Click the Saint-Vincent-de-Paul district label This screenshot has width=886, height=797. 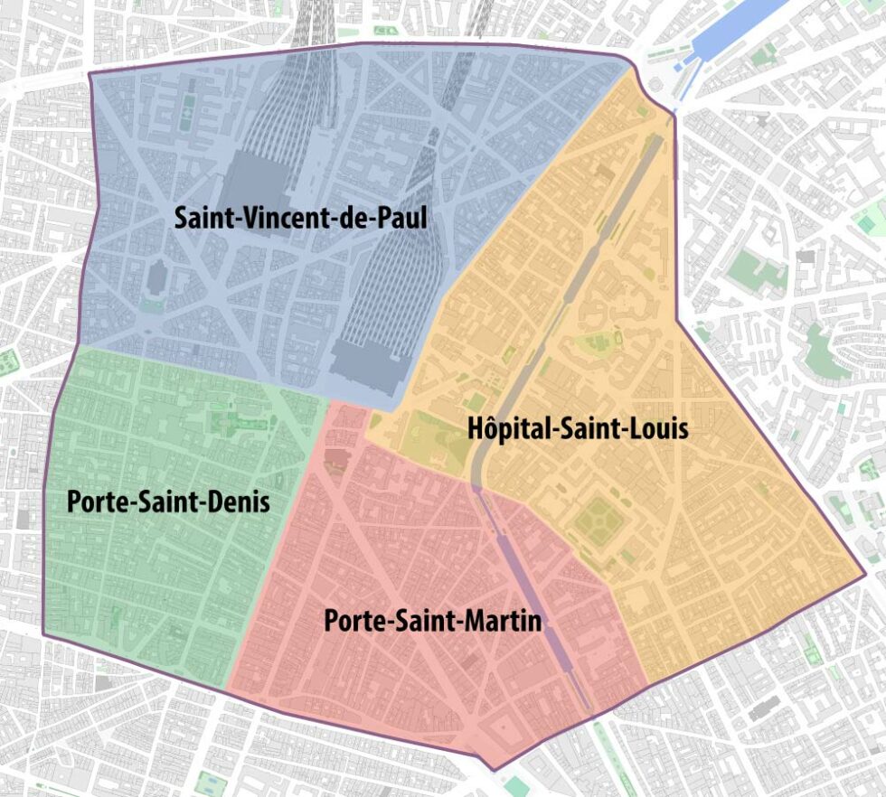tap(300, 218)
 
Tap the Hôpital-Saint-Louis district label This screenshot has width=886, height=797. tap(578, 428)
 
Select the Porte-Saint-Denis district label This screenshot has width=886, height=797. tap(168, 502)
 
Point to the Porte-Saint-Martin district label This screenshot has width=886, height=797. tap(432, 622)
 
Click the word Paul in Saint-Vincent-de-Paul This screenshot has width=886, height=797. tap(401, 218)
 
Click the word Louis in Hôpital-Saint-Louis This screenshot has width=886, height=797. tap(658, 428)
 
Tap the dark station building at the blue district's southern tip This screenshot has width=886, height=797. tap(366, 369)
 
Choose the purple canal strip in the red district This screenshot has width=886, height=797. tap(533, 596)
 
